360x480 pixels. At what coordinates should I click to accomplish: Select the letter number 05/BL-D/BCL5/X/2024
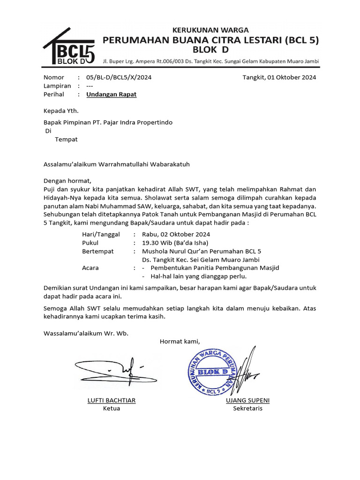(119, 77)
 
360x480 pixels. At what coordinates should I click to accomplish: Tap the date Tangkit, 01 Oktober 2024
(279, 77)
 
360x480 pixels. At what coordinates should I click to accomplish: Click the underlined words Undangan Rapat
(112, 94)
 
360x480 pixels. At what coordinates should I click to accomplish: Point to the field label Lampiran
(57, 86)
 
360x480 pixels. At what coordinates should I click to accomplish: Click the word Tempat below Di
(66, 139)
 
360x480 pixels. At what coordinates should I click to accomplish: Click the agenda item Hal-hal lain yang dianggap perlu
(198, 277)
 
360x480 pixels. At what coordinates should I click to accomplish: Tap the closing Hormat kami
(180, 341)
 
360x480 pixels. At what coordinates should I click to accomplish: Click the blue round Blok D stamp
(212, 372)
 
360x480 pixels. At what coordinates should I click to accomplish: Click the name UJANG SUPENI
(247, 400)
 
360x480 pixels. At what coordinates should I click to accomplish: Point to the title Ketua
(112, 408)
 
